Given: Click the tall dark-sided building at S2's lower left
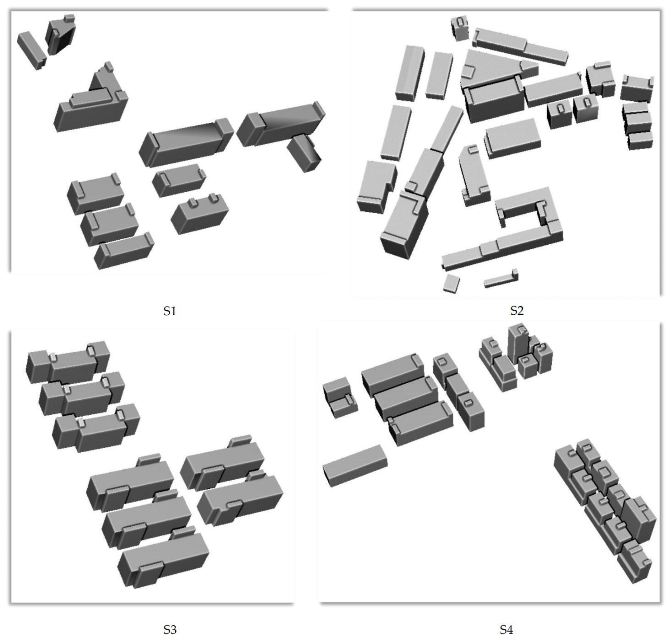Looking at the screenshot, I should tap(404, 226).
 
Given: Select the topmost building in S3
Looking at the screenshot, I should tap(68, 362).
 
